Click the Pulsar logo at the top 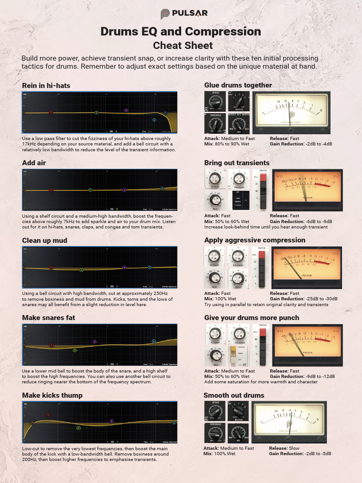coord(184,14)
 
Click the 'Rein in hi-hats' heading coord(46,85)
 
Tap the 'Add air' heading coord(34,163)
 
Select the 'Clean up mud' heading coord(45,241)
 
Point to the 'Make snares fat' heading coord(49,318)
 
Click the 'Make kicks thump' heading coord(52,395)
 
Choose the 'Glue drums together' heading coord(238,85)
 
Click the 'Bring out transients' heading coord(237,163)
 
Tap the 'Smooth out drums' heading coord(234,395)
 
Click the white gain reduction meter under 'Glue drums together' coord(291,112)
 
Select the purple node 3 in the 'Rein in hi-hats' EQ coord(126,110)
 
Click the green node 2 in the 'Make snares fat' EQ coord(74,350)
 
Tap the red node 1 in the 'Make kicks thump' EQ coord(48,415)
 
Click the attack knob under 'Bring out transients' coord(215,178)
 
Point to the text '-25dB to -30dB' coord(321,299)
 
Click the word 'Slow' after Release coord(294,449)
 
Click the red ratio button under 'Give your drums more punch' coord(263,333)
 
